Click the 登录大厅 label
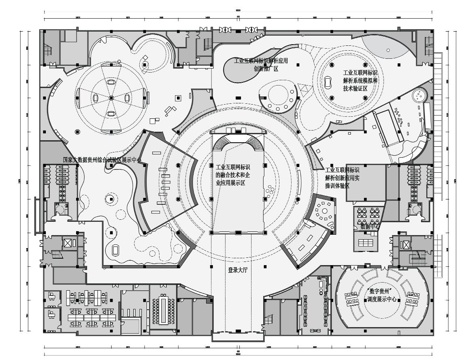coord(237,268)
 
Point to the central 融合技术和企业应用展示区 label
coord(237,177)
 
